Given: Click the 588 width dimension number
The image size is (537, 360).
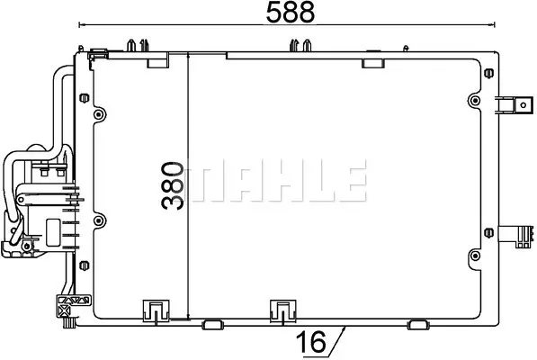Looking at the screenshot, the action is click(x=290, y=12).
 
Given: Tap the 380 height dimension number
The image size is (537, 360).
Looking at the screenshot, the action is click(x=173, y=185).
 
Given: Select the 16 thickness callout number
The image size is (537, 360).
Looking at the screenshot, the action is click(x=311, y=341).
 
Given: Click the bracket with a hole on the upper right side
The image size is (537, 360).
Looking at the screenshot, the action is click(x=515, y=104).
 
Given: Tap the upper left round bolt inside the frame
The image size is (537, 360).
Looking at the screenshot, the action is click(x=99, y=114).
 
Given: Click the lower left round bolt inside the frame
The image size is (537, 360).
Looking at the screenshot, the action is click(x=99, y=220).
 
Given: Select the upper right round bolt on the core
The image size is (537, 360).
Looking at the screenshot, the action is click(x=475, y=101).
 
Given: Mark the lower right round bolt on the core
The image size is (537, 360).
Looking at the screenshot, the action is click(x=475, y=256).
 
